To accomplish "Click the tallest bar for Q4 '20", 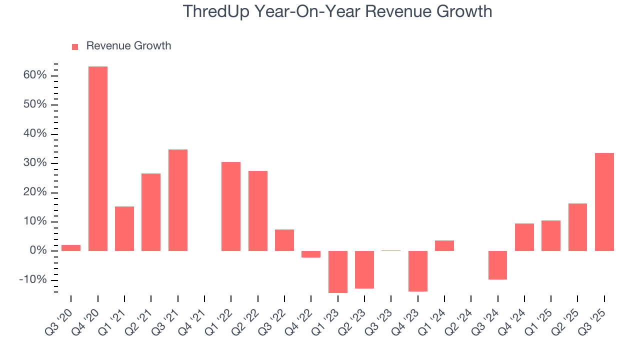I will click(x=98, y=158).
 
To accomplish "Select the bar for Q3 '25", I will click(x=604, y=202).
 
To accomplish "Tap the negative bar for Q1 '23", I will click(x=338, y=271).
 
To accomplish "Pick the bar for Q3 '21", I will click(x=178, y=200).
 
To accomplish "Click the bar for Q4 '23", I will click(x=418, y=271).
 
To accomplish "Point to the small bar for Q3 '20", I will click(x=71, y=248).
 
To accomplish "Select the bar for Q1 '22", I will click(x=231, y=206).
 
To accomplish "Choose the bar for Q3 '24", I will click(x=497, y=265).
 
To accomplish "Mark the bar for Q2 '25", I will click(x=577, y=227).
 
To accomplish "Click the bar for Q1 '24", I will click(x=444, y=245).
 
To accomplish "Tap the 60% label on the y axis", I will click(x=34, y=75).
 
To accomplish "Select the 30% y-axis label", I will click(x=34, y=163).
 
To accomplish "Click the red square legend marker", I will click(x=75, y=47).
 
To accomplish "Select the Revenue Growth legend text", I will click(x=128, y=46).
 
